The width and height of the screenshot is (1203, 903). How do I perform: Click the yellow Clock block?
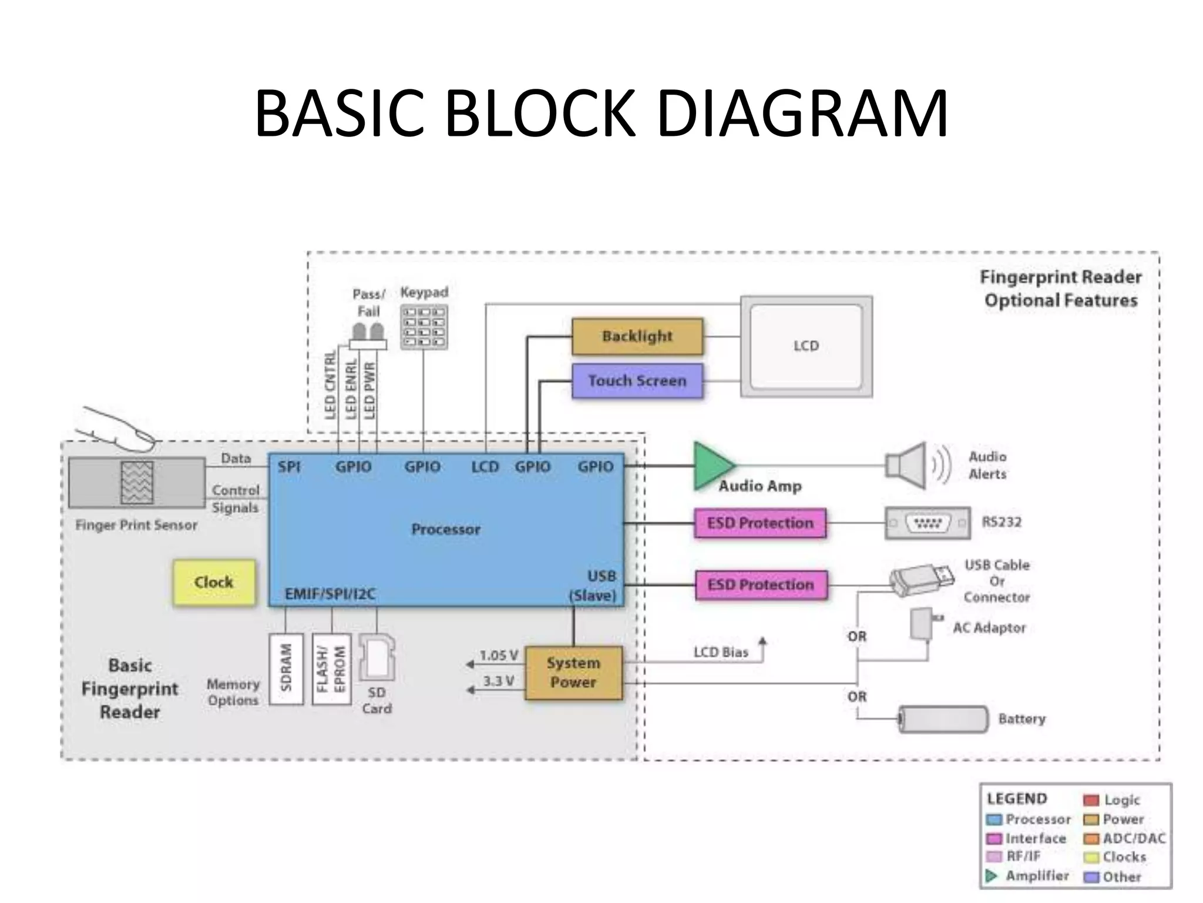coord(214,582)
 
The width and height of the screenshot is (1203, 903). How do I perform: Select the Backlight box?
coord(637,336)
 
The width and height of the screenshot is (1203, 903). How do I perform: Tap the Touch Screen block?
coord(637,380)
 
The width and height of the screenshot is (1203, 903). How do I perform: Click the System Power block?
coord(573,673)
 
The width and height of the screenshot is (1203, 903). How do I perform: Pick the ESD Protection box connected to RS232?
coord(760,523)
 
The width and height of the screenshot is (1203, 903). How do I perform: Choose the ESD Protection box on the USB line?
coord(761,584)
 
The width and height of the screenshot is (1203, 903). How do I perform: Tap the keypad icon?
coord(424,327)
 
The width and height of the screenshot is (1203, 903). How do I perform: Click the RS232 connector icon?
coord(928,522)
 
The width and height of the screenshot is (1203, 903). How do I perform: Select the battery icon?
coord(943,719)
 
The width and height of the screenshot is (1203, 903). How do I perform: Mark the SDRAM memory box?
coord(286,668)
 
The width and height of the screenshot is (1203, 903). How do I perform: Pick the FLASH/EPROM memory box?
coord(331,668)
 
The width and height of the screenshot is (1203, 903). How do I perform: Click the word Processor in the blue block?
coord(445,529)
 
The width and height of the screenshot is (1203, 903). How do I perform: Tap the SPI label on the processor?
coord(289,467)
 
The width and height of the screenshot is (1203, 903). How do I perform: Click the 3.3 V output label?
coord(498,681)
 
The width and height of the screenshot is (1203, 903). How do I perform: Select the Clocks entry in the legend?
coord(1124,857)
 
